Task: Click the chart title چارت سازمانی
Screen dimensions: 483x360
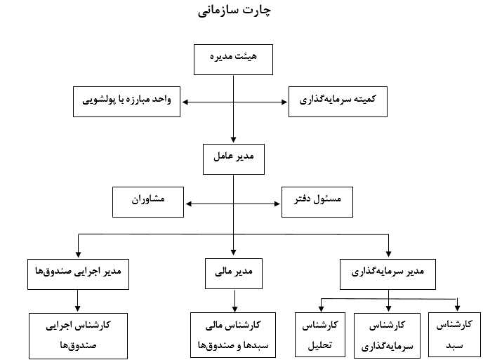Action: click(234, 11)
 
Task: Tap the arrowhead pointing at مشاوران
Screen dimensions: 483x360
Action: click(189, 204)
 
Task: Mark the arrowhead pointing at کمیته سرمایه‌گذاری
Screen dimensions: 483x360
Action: click(284, 102)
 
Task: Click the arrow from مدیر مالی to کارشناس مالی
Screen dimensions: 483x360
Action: click(234, 301)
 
